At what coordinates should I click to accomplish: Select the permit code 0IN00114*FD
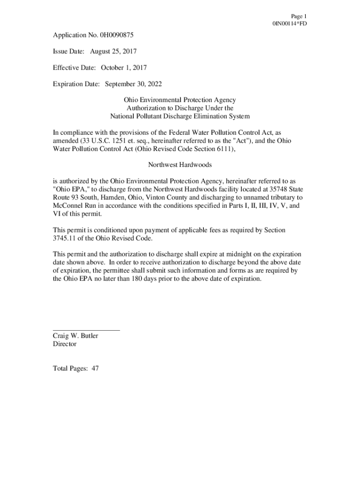point(289,24)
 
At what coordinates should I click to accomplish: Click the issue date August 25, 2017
point(109,51)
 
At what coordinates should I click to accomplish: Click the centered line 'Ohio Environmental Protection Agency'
point(180,100)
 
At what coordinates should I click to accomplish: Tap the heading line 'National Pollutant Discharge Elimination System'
point(180,116)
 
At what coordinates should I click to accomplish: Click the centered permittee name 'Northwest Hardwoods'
point(180,165)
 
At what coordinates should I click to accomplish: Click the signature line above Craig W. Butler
point(86,330)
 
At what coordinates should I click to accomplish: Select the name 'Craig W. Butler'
point(76,336)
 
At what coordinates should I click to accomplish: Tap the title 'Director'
point(65,344)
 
